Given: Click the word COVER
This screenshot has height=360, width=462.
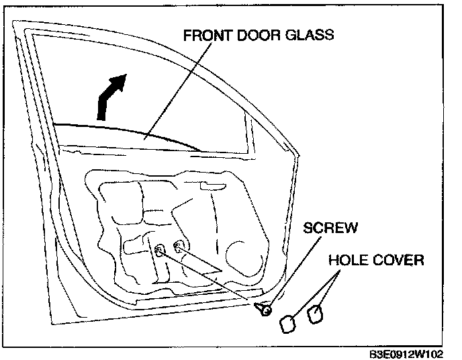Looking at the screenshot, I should pos(399,260).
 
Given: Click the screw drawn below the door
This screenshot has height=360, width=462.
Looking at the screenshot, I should pos(264,309).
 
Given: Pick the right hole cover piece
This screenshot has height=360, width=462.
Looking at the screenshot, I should pos(314,313).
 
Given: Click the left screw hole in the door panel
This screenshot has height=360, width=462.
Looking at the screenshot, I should pos(160,251).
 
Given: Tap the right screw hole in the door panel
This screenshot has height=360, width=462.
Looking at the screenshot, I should pos(179,246).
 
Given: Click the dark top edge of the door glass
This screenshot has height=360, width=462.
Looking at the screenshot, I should pos(128,130).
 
